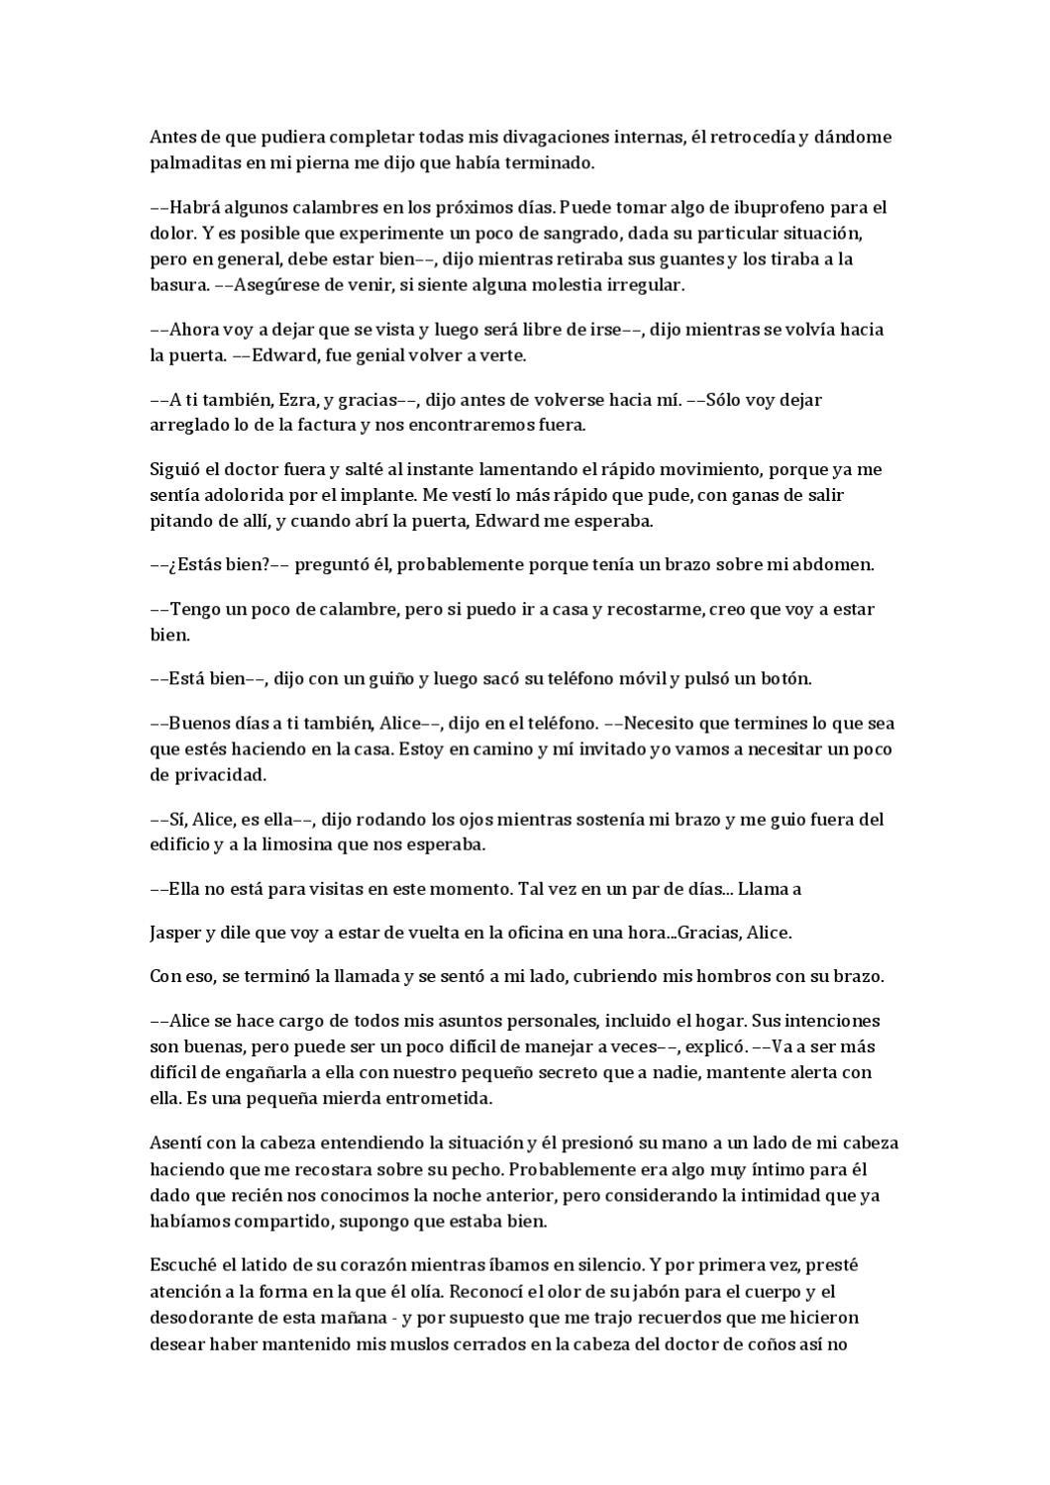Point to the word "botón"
pos(785,678)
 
